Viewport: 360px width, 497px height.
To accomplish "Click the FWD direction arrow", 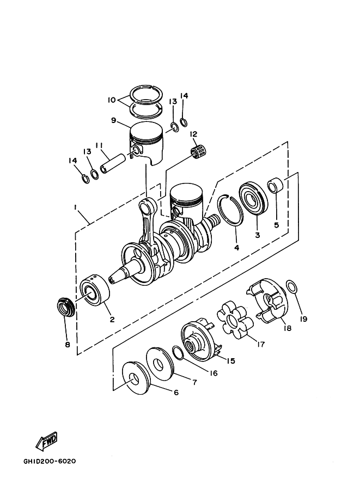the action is [x=46, y=440].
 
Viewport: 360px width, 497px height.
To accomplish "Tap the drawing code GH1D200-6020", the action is [x=50, y=461].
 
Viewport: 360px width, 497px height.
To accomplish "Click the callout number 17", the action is [x=260, y=344].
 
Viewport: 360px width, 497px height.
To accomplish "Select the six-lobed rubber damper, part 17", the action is [x=235, y=320].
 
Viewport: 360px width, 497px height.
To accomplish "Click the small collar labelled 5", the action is [x=274, y=186].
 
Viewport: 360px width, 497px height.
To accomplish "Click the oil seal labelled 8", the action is [x=66, y=307].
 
